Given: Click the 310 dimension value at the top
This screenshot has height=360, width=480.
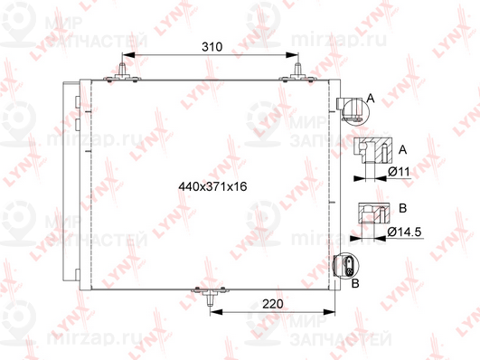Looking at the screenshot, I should click(x=211, y=46).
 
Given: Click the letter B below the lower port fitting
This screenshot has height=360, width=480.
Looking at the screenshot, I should click(x=355, y=284).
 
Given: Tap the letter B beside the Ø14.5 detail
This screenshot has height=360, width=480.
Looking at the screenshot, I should click(x=401, y=208).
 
